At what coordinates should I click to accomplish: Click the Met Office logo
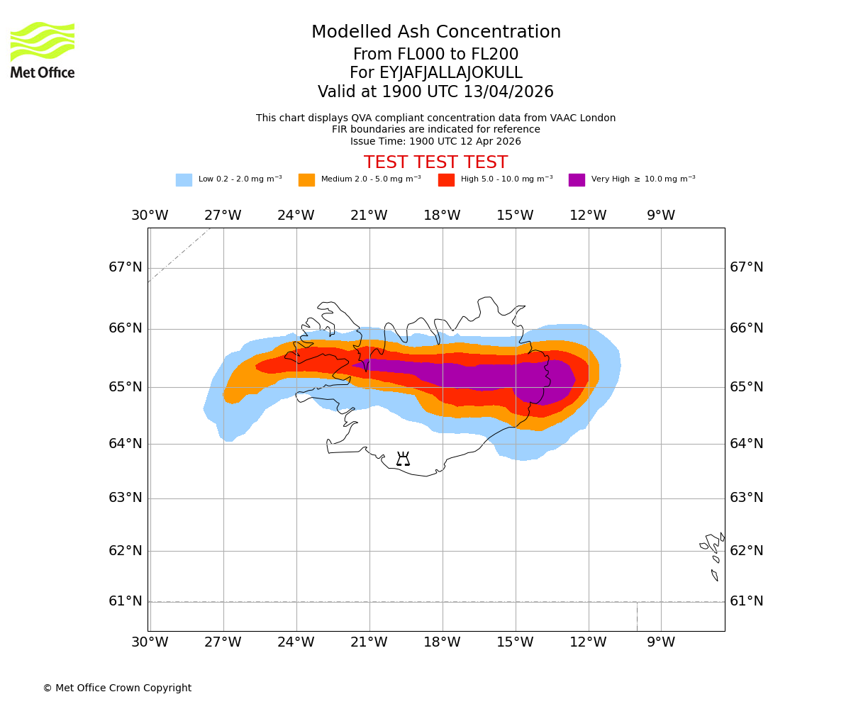(x=43, y=50)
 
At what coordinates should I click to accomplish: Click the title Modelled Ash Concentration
(x=435, y=33)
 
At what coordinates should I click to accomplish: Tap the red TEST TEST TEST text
(x=435, y=163)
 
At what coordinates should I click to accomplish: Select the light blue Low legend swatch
(x=184, y=180)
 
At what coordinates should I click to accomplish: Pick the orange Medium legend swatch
(x=306, y=180)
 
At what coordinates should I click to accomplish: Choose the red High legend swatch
(x=446, y=180)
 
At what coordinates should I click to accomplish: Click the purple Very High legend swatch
(x=577, y=180)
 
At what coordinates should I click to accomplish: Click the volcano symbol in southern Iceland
(x=403, y=459)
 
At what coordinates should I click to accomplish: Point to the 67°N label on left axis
(x=126, y=267)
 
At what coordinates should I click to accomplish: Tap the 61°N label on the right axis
(x=746, y=601)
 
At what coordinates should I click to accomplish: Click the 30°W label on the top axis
(x=150, y=216)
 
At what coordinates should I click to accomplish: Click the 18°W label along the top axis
(x=442, y=216)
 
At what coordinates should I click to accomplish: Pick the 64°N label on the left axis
(x=126, y=444)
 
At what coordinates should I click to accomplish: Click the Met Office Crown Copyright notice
(x=117, y=688)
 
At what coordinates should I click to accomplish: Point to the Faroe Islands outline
(x=713, y=553)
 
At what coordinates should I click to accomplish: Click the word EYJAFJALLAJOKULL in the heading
(x=450, y=73)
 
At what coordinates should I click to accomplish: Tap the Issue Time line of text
(x=435, y=141)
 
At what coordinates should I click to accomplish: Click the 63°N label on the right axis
(x=746, y=498)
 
